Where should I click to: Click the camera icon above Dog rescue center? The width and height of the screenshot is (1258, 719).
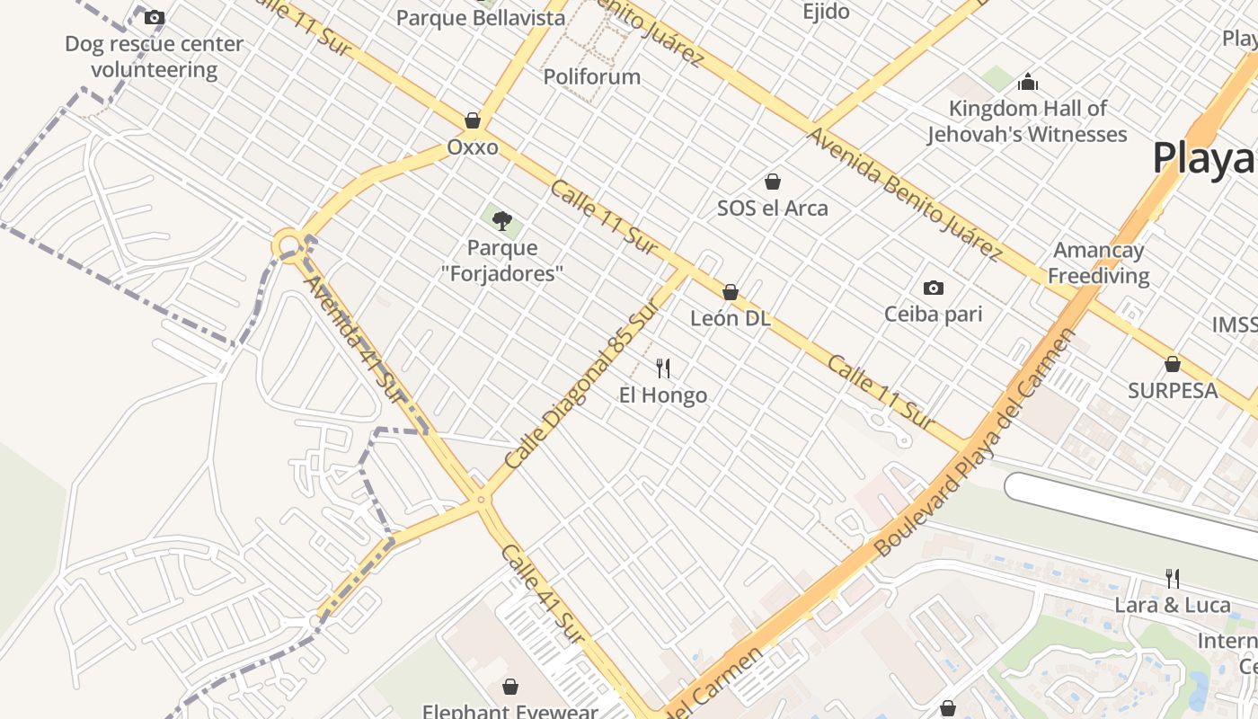click(155, 17)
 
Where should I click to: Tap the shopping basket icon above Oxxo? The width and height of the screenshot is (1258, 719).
click(473, 120)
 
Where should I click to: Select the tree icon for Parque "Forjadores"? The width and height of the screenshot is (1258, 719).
click(501, 220)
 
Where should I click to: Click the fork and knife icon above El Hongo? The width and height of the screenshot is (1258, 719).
click(663, 368)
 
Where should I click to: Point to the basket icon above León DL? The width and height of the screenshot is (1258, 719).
click(731, 292)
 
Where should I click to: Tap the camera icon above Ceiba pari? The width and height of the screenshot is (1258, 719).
click(934, 288)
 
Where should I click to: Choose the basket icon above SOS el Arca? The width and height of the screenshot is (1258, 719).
click(773, 182)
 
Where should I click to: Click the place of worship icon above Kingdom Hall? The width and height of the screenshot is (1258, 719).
click(1027, 83)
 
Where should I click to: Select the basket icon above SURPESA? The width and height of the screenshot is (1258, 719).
click(1173, 364)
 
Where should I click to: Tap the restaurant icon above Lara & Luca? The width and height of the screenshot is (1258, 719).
click(1173, 578)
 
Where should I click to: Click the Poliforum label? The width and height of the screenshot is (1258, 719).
click(592, 76)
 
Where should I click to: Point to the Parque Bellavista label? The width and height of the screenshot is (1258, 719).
click(481, 17)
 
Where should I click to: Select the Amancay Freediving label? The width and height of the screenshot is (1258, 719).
click(1098, 262)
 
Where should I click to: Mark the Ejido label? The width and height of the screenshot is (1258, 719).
click(826, 12)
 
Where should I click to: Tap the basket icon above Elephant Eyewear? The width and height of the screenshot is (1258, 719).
click(510, 688)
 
